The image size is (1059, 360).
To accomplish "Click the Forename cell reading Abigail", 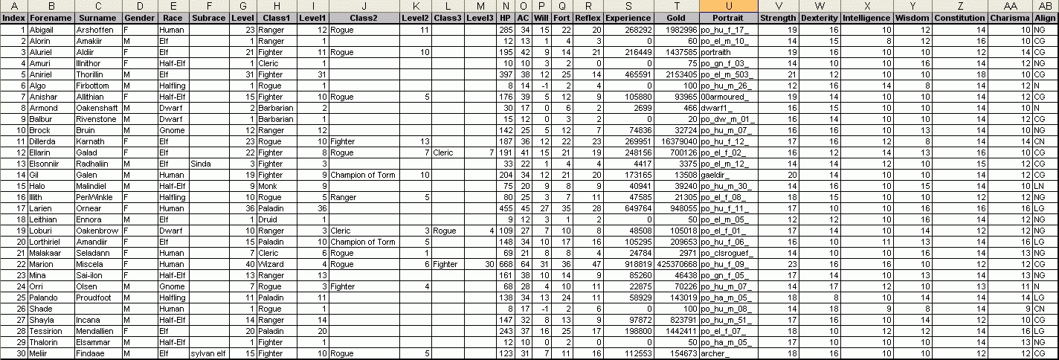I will pos(51,29).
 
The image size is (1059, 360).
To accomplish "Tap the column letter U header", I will pos(729,6).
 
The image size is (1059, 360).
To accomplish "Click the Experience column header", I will pos(628,17).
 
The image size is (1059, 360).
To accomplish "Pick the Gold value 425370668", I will pos(677,264).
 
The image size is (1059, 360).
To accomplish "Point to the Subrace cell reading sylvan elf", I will pos(207,353).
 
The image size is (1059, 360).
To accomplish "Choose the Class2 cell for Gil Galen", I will pos(363,175).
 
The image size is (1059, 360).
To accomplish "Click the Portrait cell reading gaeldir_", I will pos(729,175).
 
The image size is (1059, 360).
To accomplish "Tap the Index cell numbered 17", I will pos(15,208).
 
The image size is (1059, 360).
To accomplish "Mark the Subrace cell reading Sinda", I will pos(207,164).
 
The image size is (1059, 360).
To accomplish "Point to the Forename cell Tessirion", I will pos(51,331).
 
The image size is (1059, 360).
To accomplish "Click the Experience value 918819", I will pos(628,264).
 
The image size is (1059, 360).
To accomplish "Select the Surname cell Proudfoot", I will pos(98,298).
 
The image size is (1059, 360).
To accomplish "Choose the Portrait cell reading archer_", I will pos(729,353).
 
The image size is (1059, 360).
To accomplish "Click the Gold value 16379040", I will pos(677,141).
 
